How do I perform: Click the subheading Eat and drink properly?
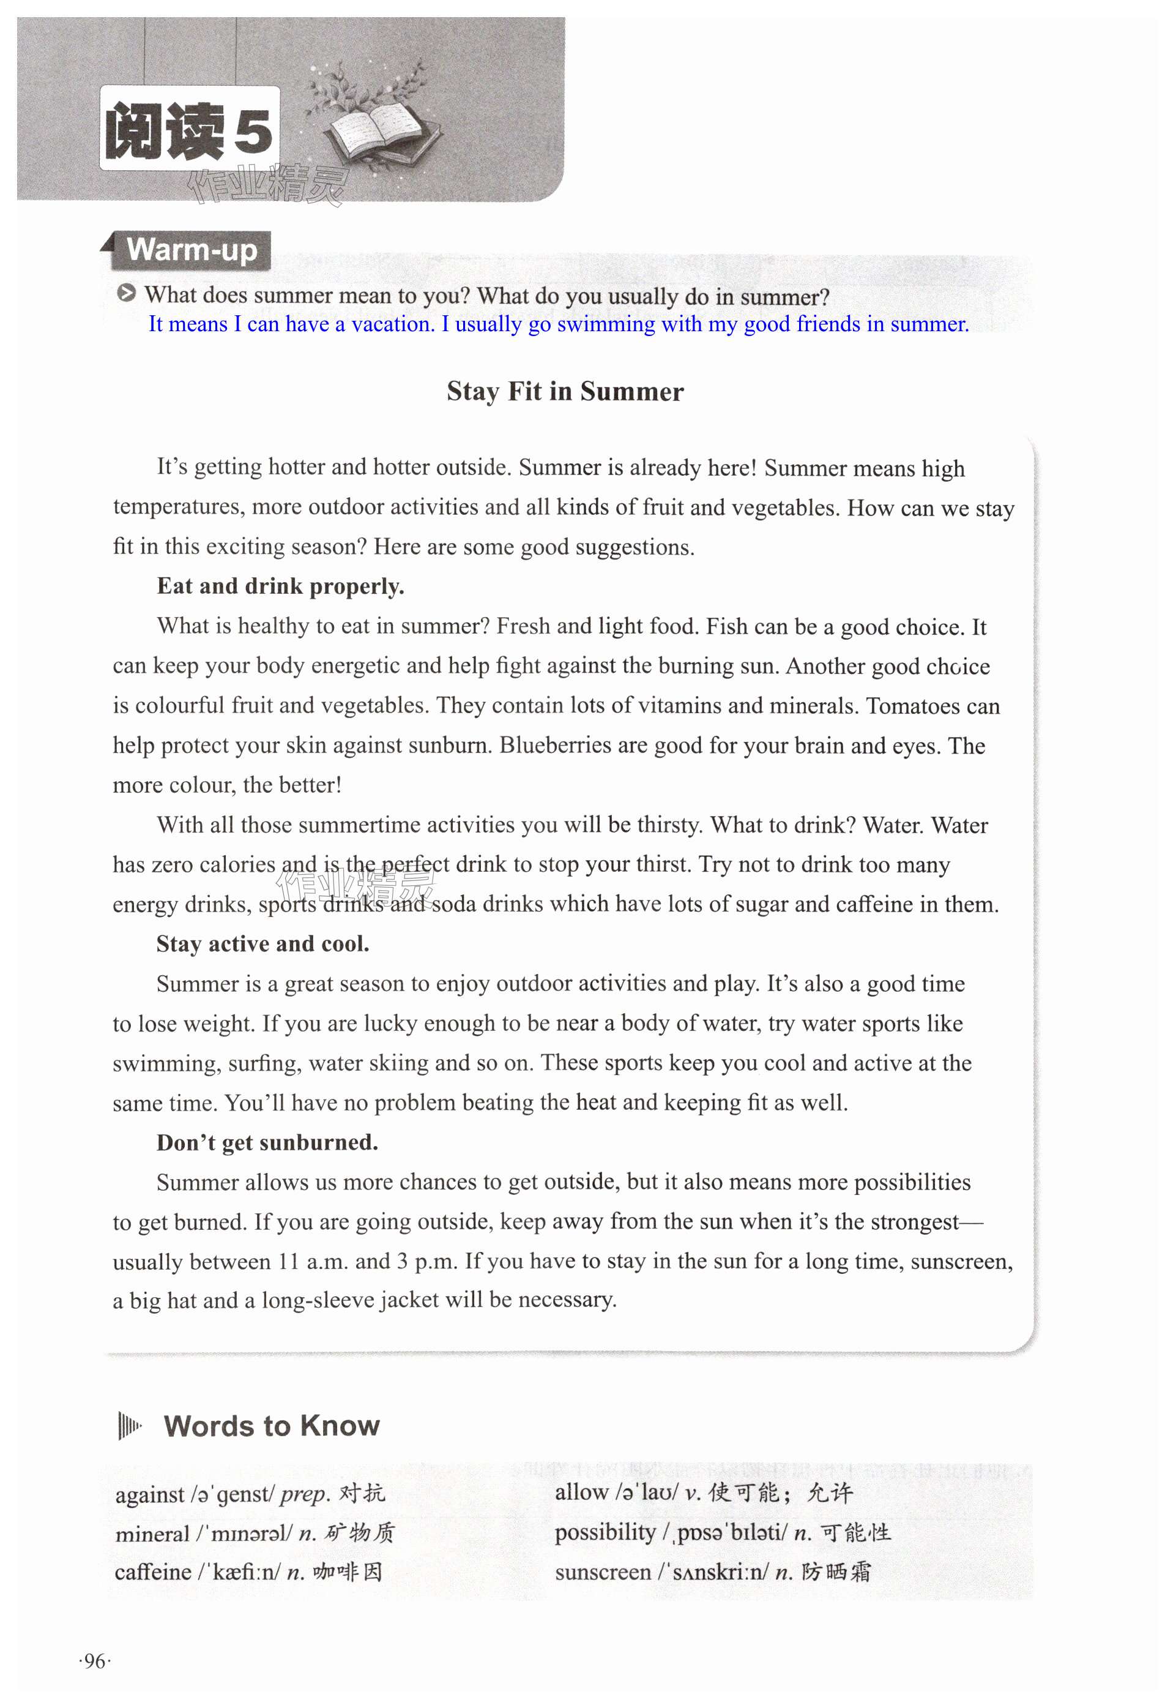[280, 586]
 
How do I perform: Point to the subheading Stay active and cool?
[262, 943]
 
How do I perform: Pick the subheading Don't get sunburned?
[267, 1142]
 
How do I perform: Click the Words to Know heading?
[271, 1426]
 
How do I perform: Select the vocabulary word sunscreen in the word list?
[603, 1572]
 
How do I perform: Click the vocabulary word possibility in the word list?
[604, 1532]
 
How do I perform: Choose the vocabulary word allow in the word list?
[581, 1493]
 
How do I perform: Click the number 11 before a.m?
[288, 1261]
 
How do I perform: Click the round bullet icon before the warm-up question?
[127, 294]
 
